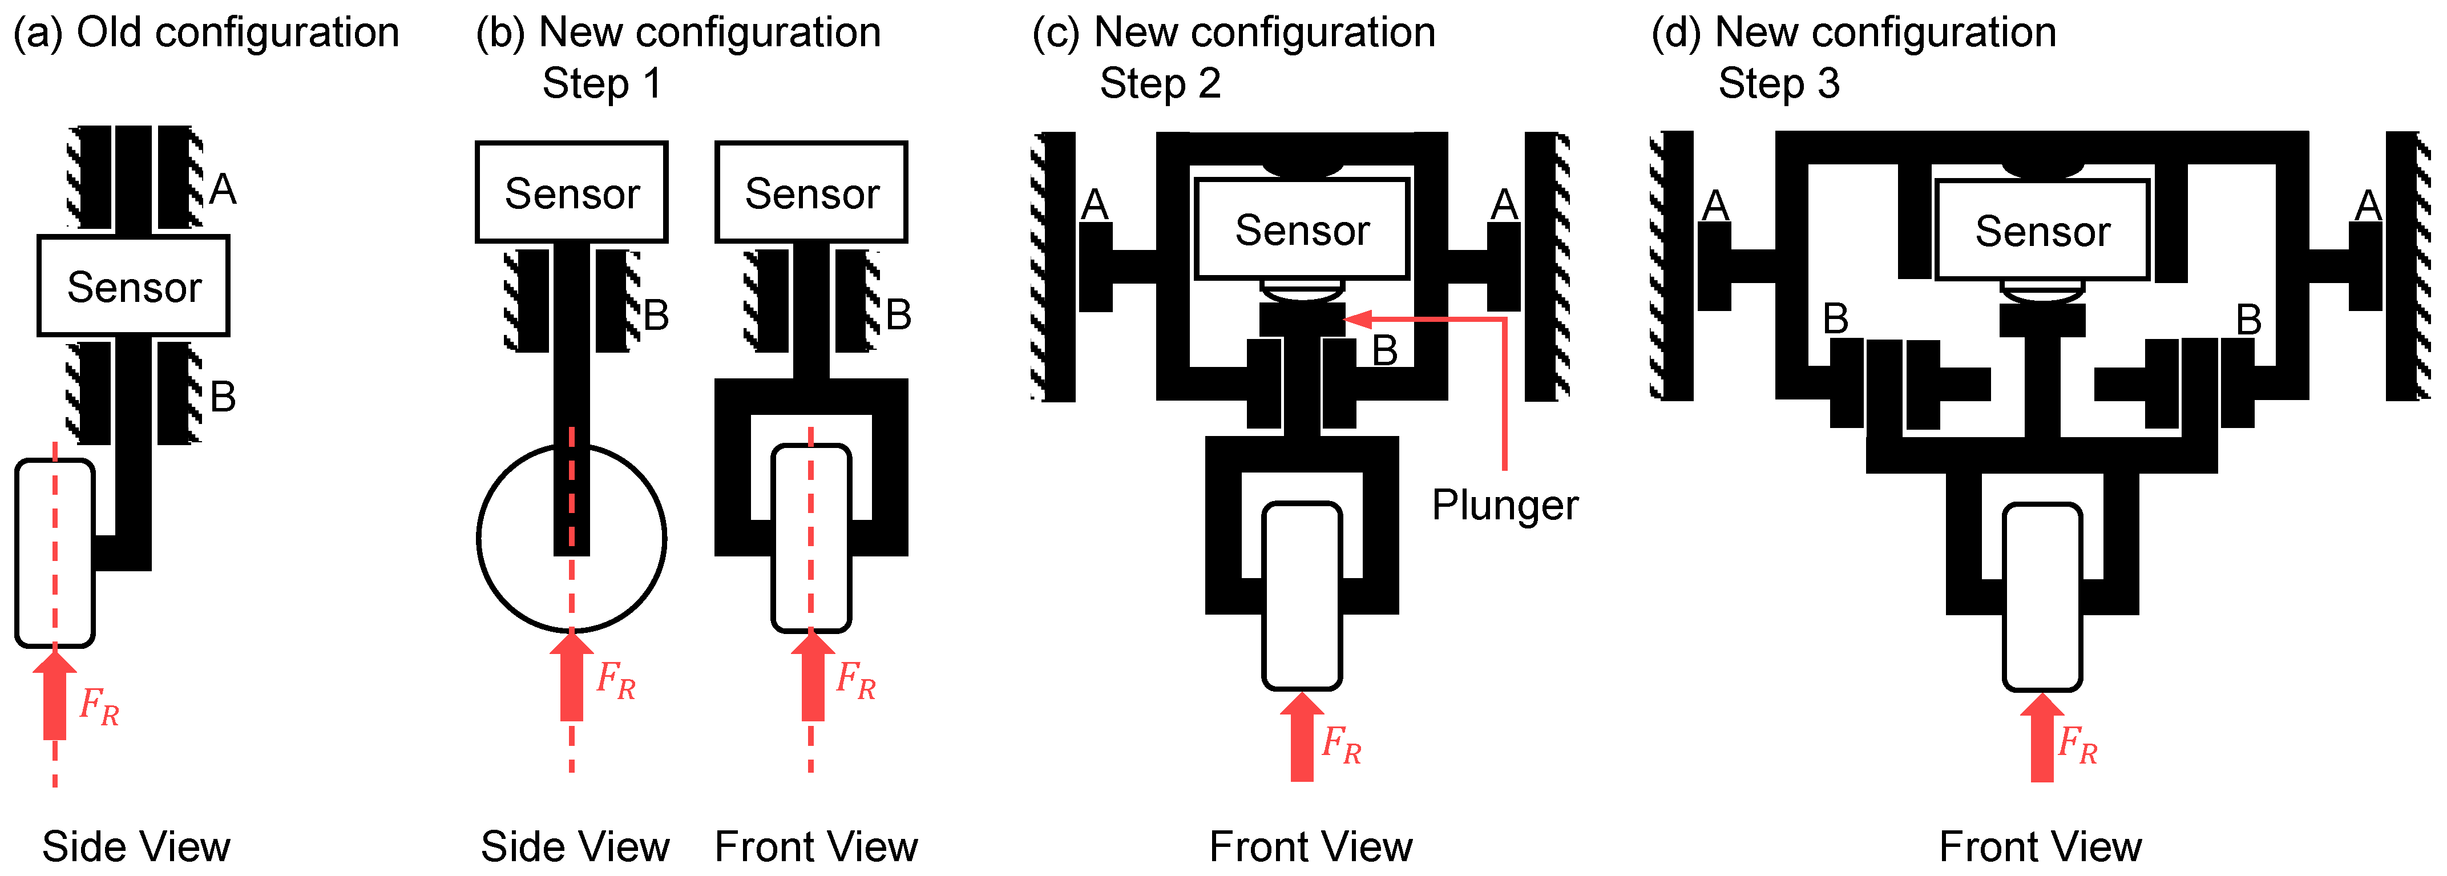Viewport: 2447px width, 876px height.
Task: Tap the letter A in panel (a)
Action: pyautogui.click(x=223, y=189)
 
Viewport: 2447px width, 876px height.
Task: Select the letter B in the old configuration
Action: pyautogui.click(x=223, y=396)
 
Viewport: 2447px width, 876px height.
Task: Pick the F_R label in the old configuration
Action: pyautogui.click(x=99, y=706)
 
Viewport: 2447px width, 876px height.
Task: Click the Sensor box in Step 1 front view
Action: pyautogui.click(x=811, y=193)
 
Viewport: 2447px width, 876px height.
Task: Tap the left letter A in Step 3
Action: pyautogui.click(x=1715, y=204)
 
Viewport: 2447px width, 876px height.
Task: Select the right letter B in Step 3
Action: pyautogui.click(x=2248, y=319)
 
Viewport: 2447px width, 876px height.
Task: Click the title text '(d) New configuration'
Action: pyautogui.click(x=1854, y=33)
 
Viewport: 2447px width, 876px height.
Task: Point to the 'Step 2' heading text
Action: pyautogui.click(x=1159, y=84)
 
